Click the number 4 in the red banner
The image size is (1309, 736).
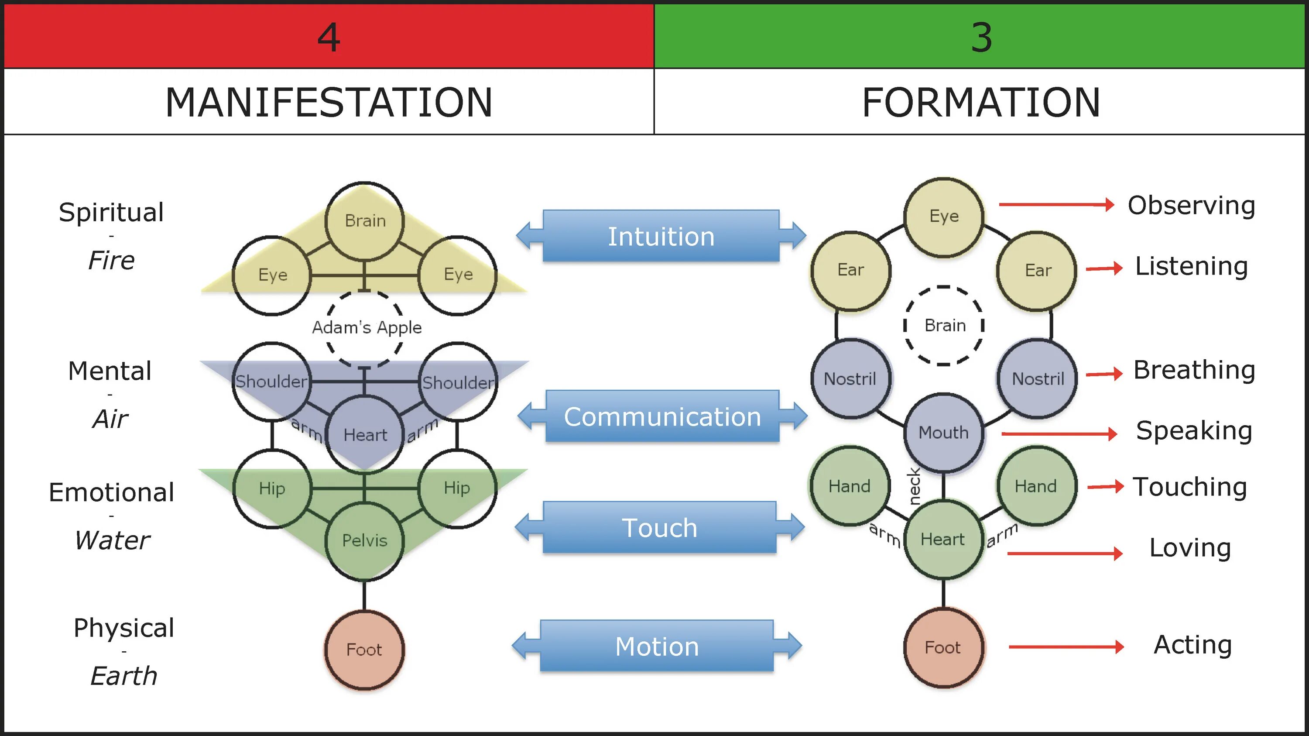click(328, 38)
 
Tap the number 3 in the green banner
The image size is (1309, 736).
click(981, 38)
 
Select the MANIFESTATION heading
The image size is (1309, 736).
click(329, 102)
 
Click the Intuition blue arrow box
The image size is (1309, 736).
click(661, 236)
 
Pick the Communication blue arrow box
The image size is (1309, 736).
click(662, 417)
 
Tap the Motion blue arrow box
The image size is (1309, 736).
click(657, 647)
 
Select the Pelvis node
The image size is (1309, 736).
click(364, 540)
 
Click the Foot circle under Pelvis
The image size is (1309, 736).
click(364, 650)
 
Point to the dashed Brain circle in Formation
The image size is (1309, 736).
click(944, 325)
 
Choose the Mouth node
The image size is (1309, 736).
click(944, 433)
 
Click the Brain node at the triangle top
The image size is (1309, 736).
click(365, 220)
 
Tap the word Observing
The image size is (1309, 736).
click(1191, 205)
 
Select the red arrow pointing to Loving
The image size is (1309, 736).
click(1065, 553)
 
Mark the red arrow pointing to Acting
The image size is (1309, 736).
click(1066, 647)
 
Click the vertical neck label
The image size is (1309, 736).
click(915, 486)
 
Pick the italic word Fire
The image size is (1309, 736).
click(111, 260)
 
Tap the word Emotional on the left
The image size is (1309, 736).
click(111, 492)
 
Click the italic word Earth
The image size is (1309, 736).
click(123, 676)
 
